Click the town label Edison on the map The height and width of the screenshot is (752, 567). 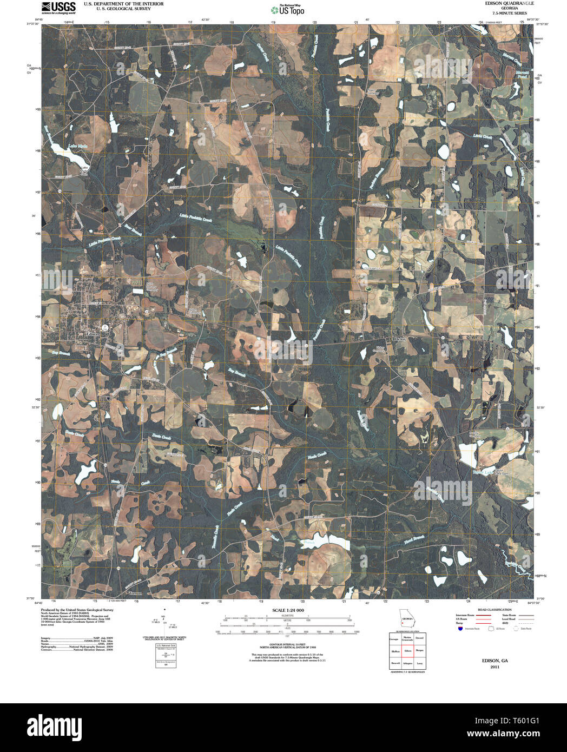click(x=93, y=334)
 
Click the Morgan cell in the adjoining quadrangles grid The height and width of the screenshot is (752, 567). click(x=419, y=651)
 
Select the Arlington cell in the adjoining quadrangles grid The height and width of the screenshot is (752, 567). click(x=407, y=663)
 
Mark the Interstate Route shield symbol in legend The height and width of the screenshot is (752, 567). click(x=460, y=629)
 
